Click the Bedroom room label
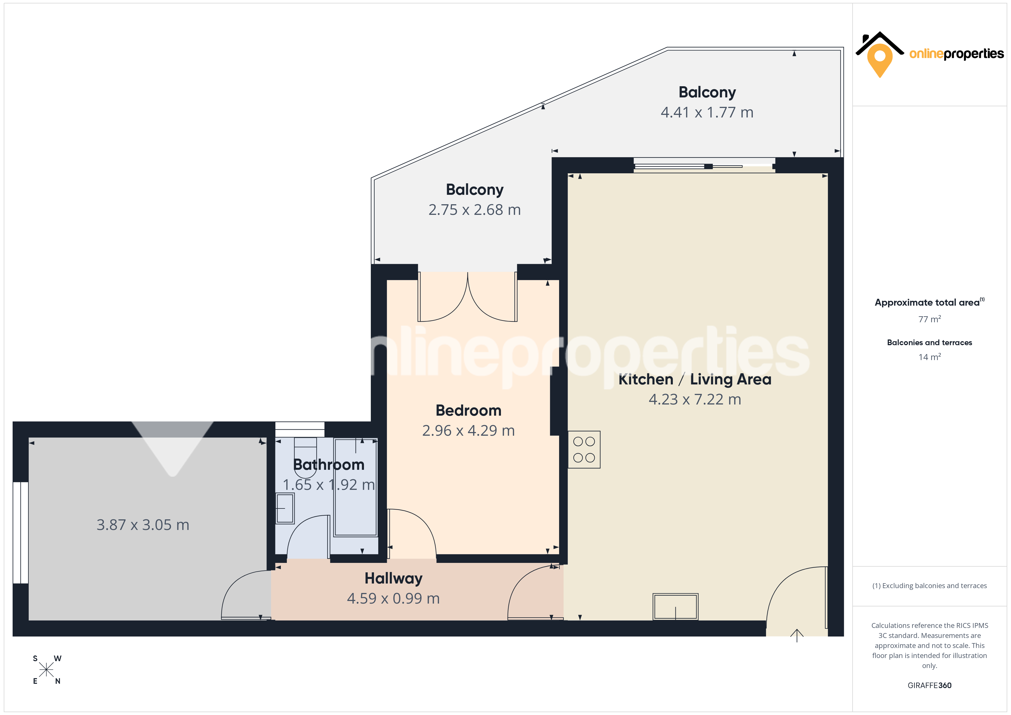click(468, 410)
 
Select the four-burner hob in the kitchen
click(584, 449)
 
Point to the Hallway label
click(393, 578)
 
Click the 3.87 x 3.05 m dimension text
click(143, 525)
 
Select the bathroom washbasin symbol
click(285, 508)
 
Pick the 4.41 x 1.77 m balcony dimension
click(707, 112)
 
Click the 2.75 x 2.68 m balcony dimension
click(474, 210)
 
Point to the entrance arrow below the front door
click(797, 635)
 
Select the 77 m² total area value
click(929, 319)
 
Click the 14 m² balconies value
click(929, 357)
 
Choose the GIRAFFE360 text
click(929, 685)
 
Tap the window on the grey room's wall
click(21, 533)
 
